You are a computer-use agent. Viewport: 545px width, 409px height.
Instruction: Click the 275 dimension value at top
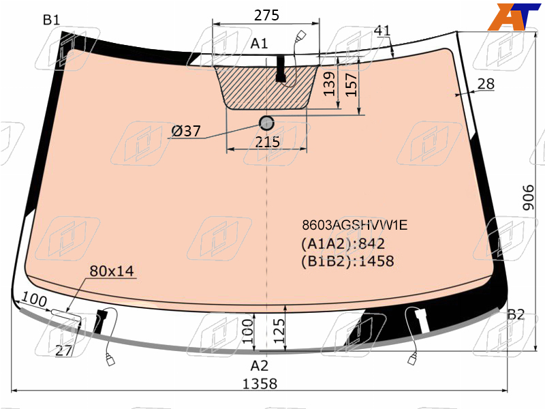(x=266, y=15)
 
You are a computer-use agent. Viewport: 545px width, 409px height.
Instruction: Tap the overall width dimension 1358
(x=260, y=384)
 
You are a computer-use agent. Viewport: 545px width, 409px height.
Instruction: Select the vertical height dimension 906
(x=529, y=198)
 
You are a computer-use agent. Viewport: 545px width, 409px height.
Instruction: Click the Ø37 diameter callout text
(x=186, y=131)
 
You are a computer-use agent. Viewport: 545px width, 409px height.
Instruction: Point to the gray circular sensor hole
(x=266, y=123)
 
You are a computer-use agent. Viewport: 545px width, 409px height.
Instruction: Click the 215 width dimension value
(x=267, y=142)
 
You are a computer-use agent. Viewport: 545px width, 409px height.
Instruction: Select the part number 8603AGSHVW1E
(x=354, y=225)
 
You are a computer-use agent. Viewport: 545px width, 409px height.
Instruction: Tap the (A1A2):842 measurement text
(x=343, y=243)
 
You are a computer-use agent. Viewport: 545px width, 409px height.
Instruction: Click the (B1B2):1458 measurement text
(x=347, y=261)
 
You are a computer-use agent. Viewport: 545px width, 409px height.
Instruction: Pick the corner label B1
(x=52, y=20)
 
